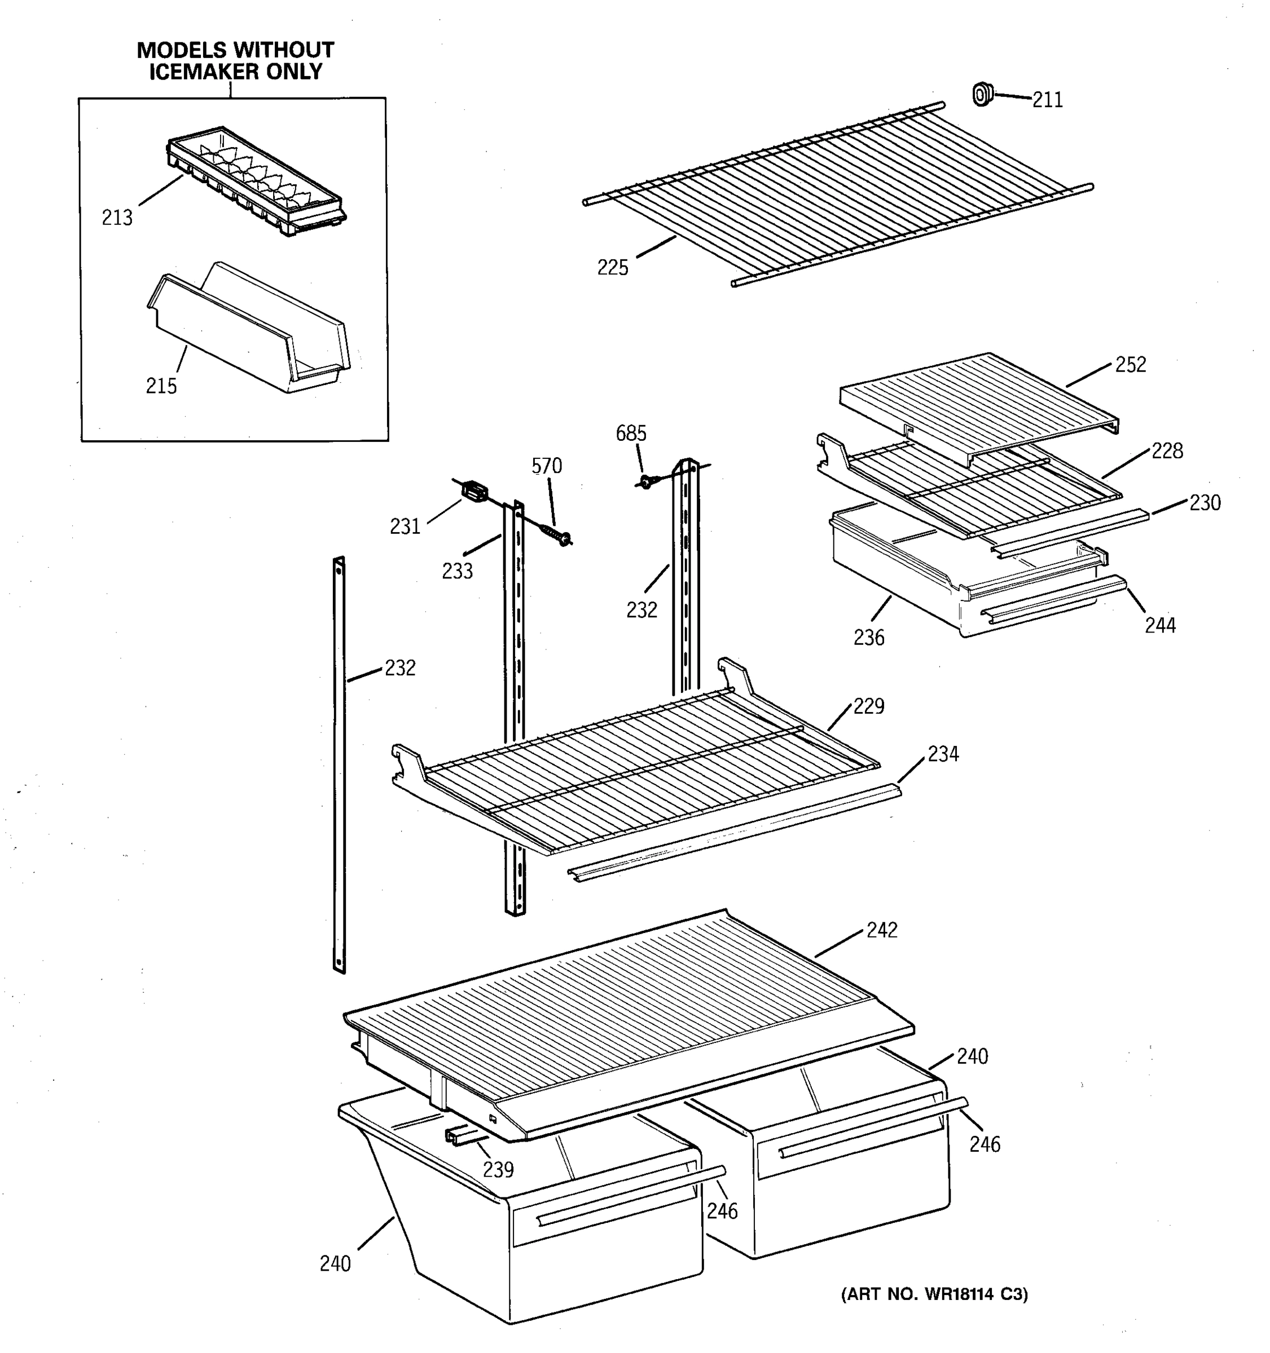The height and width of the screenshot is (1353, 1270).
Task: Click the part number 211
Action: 1047,100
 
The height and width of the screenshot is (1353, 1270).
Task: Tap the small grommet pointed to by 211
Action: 982,95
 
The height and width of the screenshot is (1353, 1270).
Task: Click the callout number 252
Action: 1131,365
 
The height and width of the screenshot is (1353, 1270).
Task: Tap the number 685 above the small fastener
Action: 631,434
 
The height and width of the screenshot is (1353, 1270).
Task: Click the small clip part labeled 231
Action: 475,490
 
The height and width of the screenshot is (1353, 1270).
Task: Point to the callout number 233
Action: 457,572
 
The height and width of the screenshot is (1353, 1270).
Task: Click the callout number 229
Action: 868,706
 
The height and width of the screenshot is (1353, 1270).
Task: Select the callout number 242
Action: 882,930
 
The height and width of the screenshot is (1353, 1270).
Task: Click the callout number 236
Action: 869,638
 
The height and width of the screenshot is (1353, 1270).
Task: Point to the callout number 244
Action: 1159,625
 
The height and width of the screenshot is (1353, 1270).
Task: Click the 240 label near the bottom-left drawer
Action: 335,1264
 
